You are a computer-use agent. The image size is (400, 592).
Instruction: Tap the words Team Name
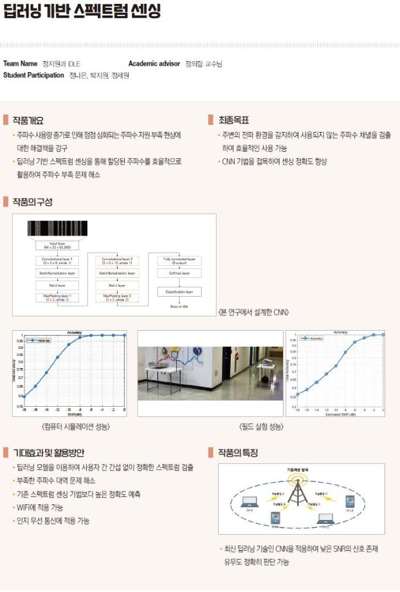(21, 64)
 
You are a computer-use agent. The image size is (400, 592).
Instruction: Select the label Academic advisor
(155, 64)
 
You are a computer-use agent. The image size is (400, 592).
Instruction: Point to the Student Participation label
(33, 75)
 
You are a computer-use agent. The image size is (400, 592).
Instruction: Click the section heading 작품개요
(28, 120)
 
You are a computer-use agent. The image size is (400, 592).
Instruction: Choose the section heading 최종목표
(233, 120)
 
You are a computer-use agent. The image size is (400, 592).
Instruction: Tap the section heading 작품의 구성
(32, 202)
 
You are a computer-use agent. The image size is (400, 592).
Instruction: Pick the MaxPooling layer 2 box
(116, 298)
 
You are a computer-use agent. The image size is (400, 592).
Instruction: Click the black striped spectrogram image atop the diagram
(58, 229)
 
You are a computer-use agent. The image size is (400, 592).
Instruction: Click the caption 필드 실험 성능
(261, 427)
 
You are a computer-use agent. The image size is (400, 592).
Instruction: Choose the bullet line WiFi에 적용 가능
(40, 508)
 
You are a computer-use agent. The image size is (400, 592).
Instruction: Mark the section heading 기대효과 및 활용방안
(48, 453)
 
